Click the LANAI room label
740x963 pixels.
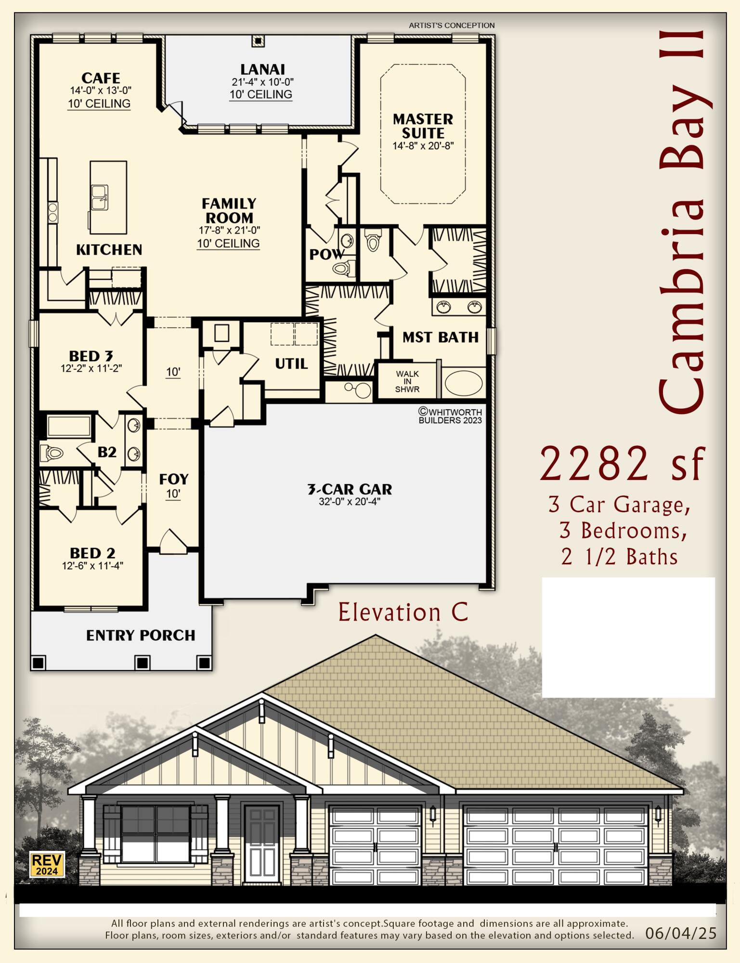coord(262,69)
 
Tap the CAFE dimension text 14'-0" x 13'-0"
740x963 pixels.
coord(101,90)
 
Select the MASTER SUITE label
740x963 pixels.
coord(423,126)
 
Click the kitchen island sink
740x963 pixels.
coord(100,197)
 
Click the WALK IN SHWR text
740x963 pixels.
coord(407,381)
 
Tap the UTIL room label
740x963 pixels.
coord(291,364)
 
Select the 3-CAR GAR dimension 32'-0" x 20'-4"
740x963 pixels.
coord(350,502)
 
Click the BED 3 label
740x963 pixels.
coord(91,356)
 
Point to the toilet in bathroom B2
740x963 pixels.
coord(52,453)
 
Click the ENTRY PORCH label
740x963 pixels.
coord(141,635)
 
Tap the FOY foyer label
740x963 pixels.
coord(173,479)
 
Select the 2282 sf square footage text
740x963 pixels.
coord(622,464)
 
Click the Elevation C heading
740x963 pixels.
coord(403,612)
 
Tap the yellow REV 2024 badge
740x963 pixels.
coord(47,865)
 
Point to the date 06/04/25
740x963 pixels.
coord(680,933)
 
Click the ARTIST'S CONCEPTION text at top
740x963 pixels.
coord(452,26)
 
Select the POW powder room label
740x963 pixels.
coord(326,254)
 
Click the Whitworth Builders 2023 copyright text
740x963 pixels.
coord(450,416)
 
